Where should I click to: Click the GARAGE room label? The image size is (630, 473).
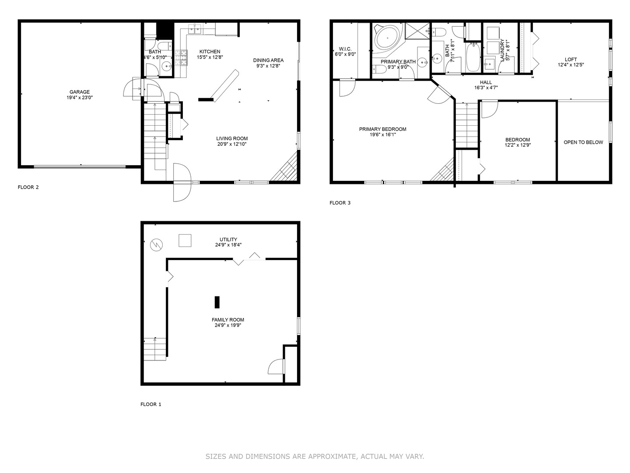click(79, 92)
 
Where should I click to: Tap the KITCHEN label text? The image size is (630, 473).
click(210, 52)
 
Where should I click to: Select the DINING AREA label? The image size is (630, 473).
click(268, 60)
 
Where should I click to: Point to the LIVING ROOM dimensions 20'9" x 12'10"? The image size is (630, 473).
click(232, 144)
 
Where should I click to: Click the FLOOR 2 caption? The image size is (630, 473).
click(28, 187)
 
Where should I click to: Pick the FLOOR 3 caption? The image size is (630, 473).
click(340, 203)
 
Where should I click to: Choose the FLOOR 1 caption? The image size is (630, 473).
click(150, 404)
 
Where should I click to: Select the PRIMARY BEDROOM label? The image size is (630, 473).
click(382, 129)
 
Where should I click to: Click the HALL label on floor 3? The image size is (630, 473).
click(486, 82)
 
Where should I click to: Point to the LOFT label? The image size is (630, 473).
click(570, 60)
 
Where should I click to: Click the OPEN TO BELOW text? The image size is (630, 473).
click(583, 142)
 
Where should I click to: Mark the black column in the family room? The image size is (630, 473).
click(217, 302)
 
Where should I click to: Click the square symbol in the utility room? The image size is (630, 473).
click(185, 241)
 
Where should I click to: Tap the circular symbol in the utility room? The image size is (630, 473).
click(156, 245)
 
